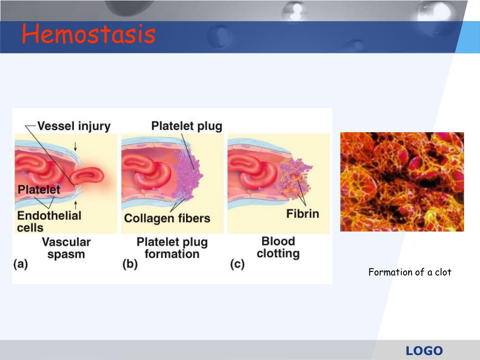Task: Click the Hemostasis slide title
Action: [x=88, y=35]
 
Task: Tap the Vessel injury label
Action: [x=74, y=126]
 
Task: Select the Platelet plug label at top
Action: [x=187, y=126]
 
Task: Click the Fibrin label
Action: [x=302, y=214]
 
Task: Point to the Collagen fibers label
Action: [x=167, y=218]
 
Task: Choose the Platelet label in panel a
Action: [x=39, y=190]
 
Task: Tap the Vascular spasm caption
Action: [x=66, y=248]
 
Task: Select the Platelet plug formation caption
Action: [x=172, y=248]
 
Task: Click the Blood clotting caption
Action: [x=278, y=247]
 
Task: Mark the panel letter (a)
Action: [x=21, y=264]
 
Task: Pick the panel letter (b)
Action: [x=129, y=264]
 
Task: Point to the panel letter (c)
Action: [x=237, y=264]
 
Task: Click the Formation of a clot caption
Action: [x=410, y=272]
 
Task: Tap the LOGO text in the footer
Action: [x=424, y=351]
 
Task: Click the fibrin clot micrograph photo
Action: [x=402, y=182]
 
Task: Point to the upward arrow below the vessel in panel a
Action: [x=75, y=204]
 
